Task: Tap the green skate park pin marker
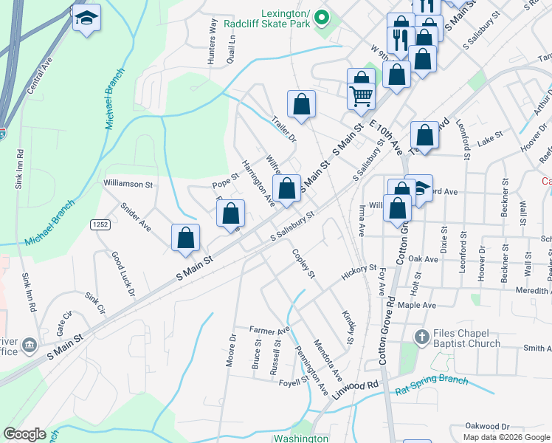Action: (321, 17)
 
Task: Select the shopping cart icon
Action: (361, 96)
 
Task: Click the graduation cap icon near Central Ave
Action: (86, 18)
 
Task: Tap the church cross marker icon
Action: (421, 337)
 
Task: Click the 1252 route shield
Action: (100, 224)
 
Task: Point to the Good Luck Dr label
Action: (123, 274)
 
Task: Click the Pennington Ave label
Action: (311, 368)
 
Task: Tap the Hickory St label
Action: (359, 273)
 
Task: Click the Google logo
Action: (25, 434)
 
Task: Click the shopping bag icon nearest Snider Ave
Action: (186, 238)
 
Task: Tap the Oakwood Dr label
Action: (487, 426)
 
